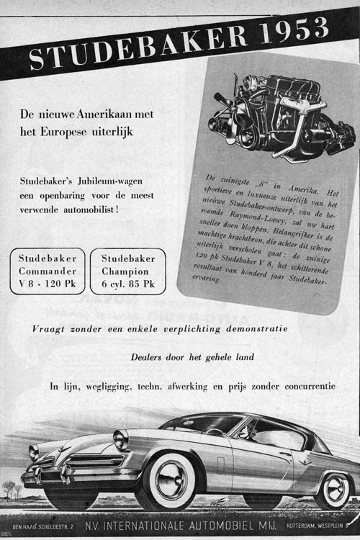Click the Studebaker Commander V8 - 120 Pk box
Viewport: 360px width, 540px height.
pyautogui.click(x=48, y=271)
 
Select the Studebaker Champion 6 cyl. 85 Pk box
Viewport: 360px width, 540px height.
pyautogui.click(x=127, y=271)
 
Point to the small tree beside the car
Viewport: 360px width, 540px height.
pyautogui.click(x=9, y=489)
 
